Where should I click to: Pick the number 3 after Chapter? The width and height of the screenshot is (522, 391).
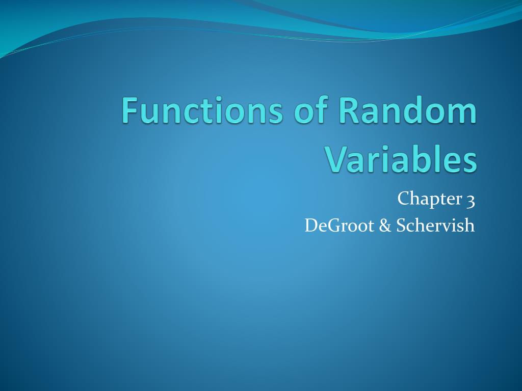[x=470, y=199]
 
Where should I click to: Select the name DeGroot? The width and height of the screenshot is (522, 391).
[x=338, y=225]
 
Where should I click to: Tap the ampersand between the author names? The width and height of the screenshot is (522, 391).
[x=384, y=225]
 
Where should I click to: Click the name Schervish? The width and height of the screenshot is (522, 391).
[x=434, y=225]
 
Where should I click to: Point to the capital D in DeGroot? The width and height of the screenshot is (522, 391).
[x=311, y=225]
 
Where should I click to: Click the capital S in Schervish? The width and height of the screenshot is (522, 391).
[x=399, y=225]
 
